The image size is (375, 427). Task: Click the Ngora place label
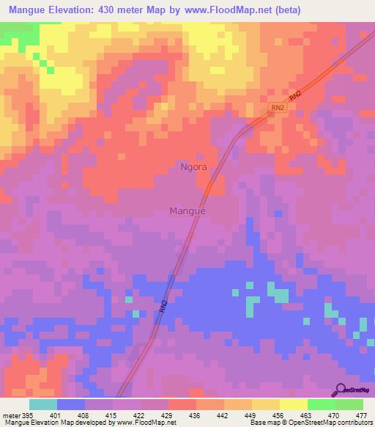pyautogui.click(x=193, y=167)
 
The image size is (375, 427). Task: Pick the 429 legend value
pyautogui.click(x=168, y=415)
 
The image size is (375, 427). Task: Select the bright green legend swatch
pyautogui.click(x=321, y=404)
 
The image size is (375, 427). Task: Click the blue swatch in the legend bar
pyautogui.click(x=70, y=404)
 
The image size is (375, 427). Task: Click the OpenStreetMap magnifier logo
pyautogui.click(x=340, y=388)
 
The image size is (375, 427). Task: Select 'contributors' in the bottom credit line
pyautogui.click(x=351, y=423)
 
